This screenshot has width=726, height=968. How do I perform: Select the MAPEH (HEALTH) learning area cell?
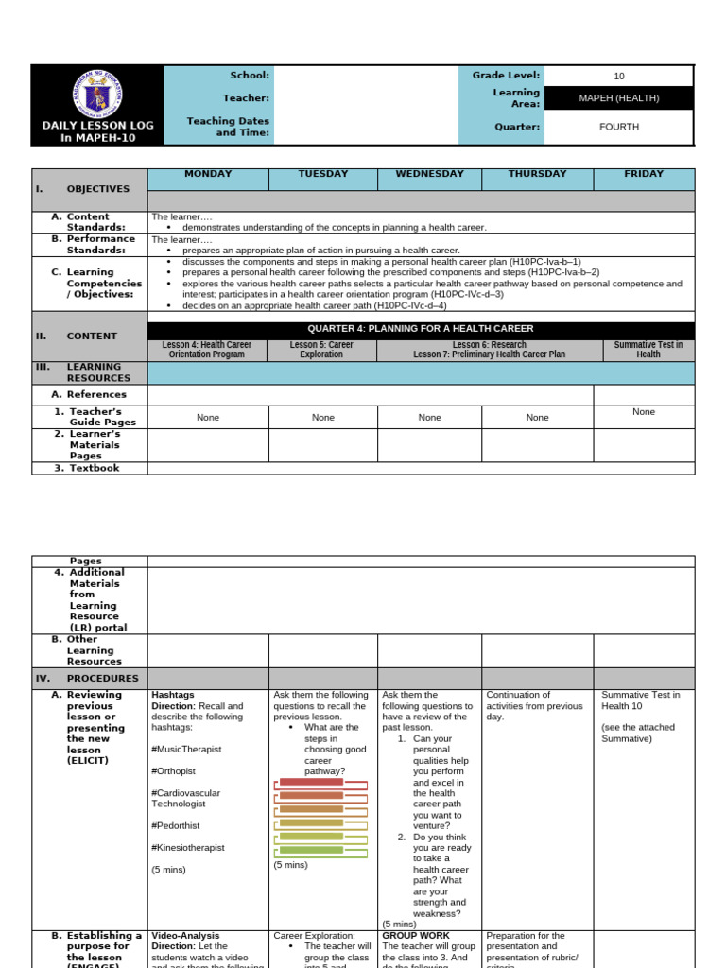coord(619,98)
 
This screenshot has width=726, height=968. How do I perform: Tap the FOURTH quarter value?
coord(619,127)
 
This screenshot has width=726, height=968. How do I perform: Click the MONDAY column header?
coord(208,174)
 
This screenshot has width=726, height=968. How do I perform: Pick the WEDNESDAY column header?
coord(429,174)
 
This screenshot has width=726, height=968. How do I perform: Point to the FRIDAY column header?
coord(644,174)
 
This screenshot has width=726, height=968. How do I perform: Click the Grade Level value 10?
coord(619,77)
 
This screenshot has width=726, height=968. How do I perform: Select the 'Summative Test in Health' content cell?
coord(648,350)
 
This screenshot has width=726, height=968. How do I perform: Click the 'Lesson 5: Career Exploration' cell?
coord(322,350)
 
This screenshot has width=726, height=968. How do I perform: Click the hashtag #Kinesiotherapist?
coord(188,848)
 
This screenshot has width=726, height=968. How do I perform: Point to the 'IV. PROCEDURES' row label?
coord(89,679)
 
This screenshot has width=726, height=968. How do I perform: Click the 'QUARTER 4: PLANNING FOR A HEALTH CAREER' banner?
coord(420,329)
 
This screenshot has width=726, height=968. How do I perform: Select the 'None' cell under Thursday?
coord(537,417)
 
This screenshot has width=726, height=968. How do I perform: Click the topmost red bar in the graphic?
coord(311,782)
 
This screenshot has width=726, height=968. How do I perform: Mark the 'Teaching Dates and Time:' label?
coord(228,127)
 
